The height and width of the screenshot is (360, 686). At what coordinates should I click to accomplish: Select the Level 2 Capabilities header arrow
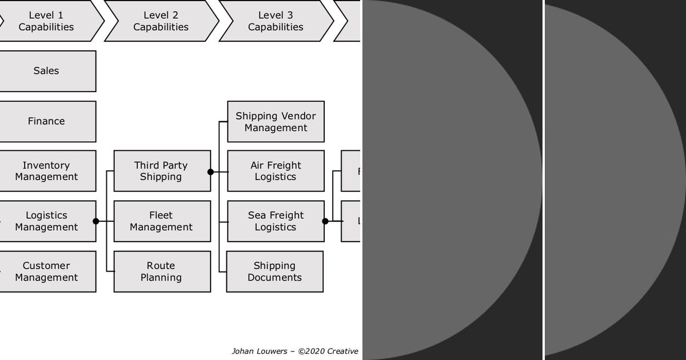[x=161, y=21]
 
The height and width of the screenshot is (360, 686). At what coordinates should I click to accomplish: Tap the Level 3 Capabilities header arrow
[x=276, y=21]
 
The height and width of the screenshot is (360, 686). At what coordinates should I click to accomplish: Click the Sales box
[x=47, y=71]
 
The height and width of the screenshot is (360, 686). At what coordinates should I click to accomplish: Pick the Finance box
[x=47, y=121]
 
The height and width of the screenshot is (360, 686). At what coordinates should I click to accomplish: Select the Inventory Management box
[x=47, y=171]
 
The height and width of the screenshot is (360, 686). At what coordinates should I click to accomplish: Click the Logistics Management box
[x=47, y=221]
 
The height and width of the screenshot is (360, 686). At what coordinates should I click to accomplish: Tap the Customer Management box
[x=47, y=271]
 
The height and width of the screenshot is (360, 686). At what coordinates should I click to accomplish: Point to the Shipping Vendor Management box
[x=276, y=122]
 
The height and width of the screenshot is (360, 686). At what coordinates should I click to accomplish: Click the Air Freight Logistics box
[x=276, y=171]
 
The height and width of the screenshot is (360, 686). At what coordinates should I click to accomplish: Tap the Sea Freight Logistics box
[x=276, y=221]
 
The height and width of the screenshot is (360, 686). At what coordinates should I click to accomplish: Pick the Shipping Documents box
[x=274, y=271]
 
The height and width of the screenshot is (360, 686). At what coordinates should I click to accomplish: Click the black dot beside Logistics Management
[x=95, y=221]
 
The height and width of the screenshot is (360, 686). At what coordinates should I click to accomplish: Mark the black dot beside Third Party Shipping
[x=210, y=171]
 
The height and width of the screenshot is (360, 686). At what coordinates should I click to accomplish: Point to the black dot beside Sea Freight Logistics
[x=325, y=221]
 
